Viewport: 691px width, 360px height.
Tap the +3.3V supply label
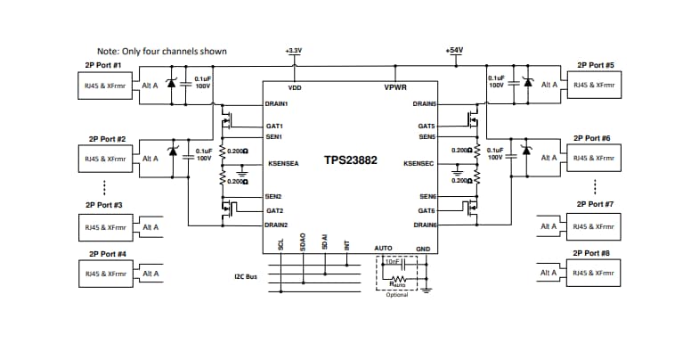294,51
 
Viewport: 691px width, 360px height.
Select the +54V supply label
454,51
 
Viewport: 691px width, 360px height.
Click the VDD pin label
295,88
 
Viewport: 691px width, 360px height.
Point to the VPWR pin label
395,88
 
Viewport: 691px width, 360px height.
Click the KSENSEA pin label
283,164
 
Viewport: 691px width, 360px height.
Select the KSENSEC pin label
419,164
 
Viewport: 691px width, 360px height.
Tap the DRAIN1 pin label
276,103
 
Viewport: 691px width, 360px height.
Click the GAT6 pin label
426,210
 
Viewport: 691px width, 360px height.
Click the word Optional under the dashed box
397,294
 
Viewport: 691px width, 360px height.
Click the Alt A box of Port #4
150,274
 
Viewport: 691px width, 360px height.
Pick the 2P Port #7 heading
595,205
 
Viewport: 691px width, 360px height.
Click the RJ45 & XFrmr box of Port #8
594,274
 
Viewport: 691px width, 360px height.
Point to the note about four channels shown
161,52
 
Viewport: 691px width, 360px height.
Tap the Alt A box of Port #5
549,85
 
